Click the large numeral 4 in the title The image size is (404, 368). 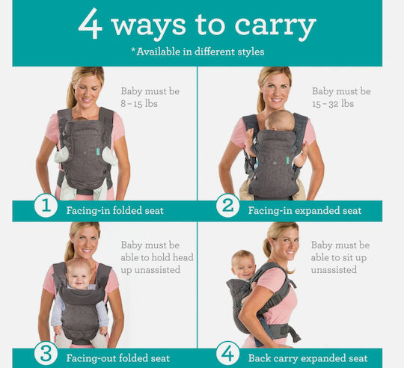(x=91, y=24)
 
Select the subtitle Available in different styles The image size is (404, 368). (x=198, y=52)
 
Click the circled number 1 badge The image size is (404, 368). (x=46, y=206)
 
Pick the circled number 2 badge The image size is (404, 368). (x=227, y=206)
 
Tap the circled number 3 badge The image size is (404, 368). (x=46, y=354)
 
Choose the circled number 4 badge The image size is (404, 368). (x=227, y=354)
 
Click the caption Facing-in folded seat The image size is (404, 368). (x=115, y=211)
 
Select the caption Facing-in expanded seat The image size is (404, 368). (x=304, y=211)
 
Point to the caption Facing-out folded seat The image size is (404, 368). (x=118, y=358)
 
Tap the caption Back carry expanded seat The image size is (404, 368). (x=308, y=358)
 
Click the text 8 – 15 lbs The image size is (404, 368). (x=139, y=104)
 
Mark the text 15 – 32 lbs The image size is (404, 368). (x=333, y=104)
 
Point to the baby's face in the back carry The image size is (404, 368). (x=243, y=266)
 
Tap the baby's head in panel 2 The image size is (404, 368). (x=280, y=120)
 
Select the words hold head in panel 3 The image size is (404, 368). (x=172, y=257)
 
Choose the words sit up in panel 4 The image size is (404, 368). (x=355, y=258)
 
